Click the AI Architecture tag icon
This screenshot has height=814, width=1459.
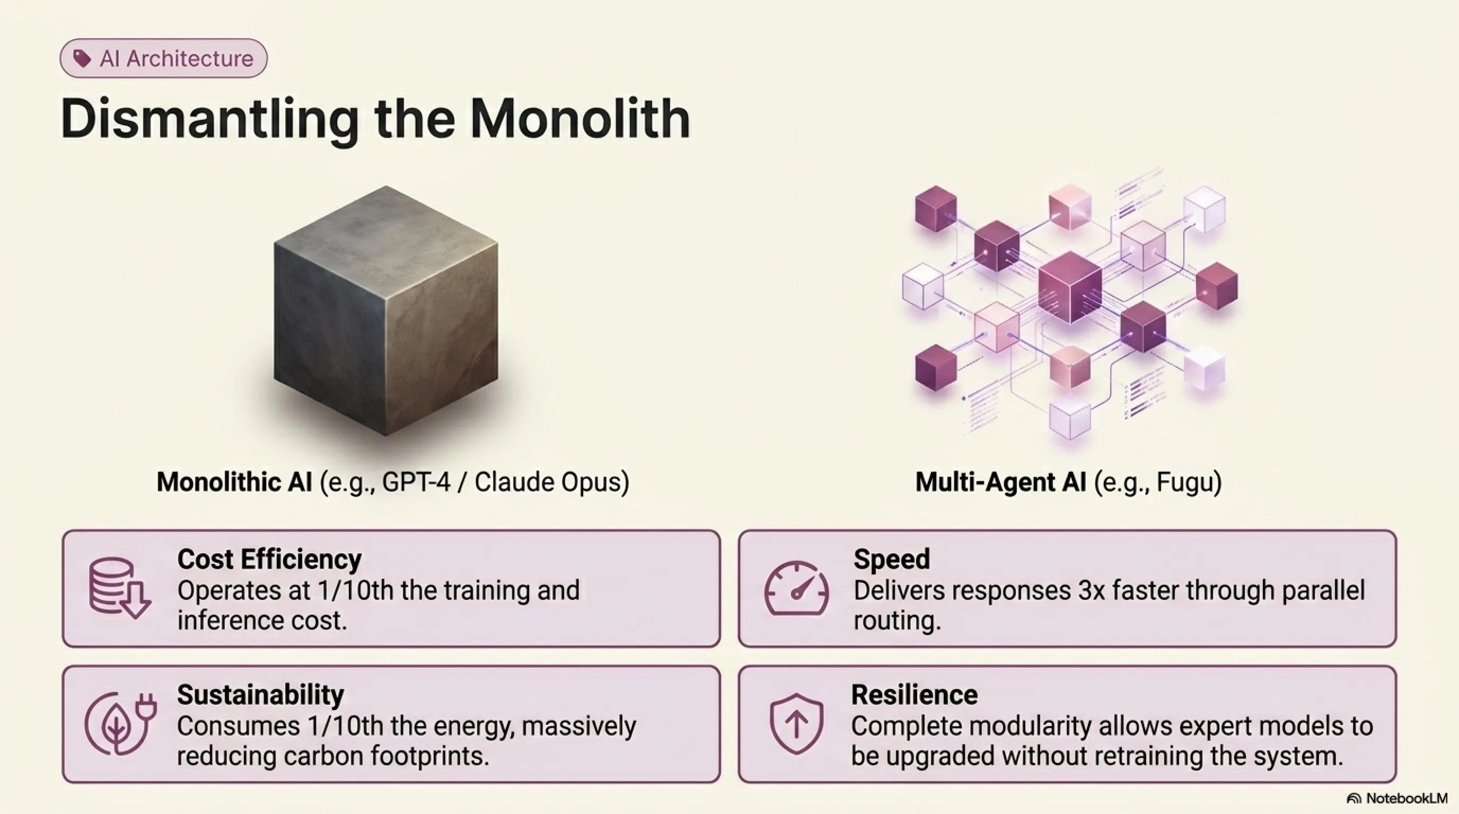(82, 58)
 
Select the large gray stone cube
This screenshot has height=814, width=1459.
(386, 310)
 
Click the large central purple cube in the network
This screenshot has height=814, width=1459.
(1070, 287)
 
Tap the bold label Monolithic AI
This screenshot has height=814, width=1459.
(234, 482)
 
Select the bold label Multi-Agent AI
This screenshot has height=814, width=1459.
(1001, 483)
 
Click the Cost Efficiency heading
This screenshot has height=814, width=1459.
(270, 559)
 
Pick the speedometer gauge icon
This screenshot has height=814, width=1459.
(796, 588)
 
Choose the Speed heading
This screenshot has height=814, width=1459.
(892, 559)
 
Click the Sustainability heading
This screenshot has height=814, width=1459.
(260, 695)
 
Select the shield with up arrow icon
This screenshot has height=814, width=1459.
(796, 723)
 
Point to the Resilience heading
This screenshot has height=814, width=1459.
(914, 695)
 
